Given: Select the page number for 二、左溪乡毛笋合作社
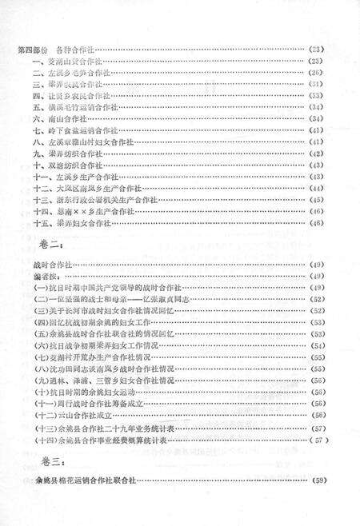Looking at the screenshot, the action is coord(318,73).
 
